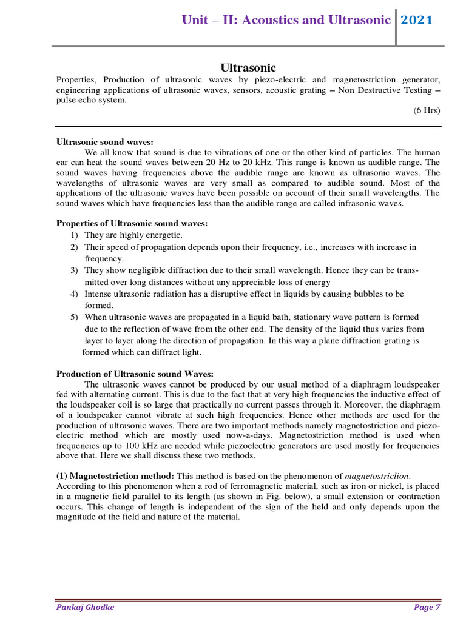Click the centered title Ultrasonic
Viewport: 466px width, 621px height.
coord(247,68)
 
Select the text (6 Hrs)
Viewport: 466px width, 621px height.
coord(427,110)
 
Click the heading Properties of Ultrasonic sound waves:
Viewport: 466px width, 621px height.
coord(132,223)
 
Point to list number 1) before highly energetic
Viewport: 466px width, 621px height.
coord(74,235)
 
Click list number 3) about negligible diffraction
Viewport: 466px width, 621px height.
coord(74,270)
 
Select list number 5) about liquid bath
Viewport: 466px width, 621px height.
coord(74,317)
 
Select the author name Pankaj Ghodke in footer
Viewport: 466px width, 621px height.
coord(86,607)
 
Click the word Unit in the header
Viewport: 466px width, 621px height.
coord(196,20)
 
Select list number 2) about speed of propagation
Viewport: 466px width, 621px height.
coord(74,247)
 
